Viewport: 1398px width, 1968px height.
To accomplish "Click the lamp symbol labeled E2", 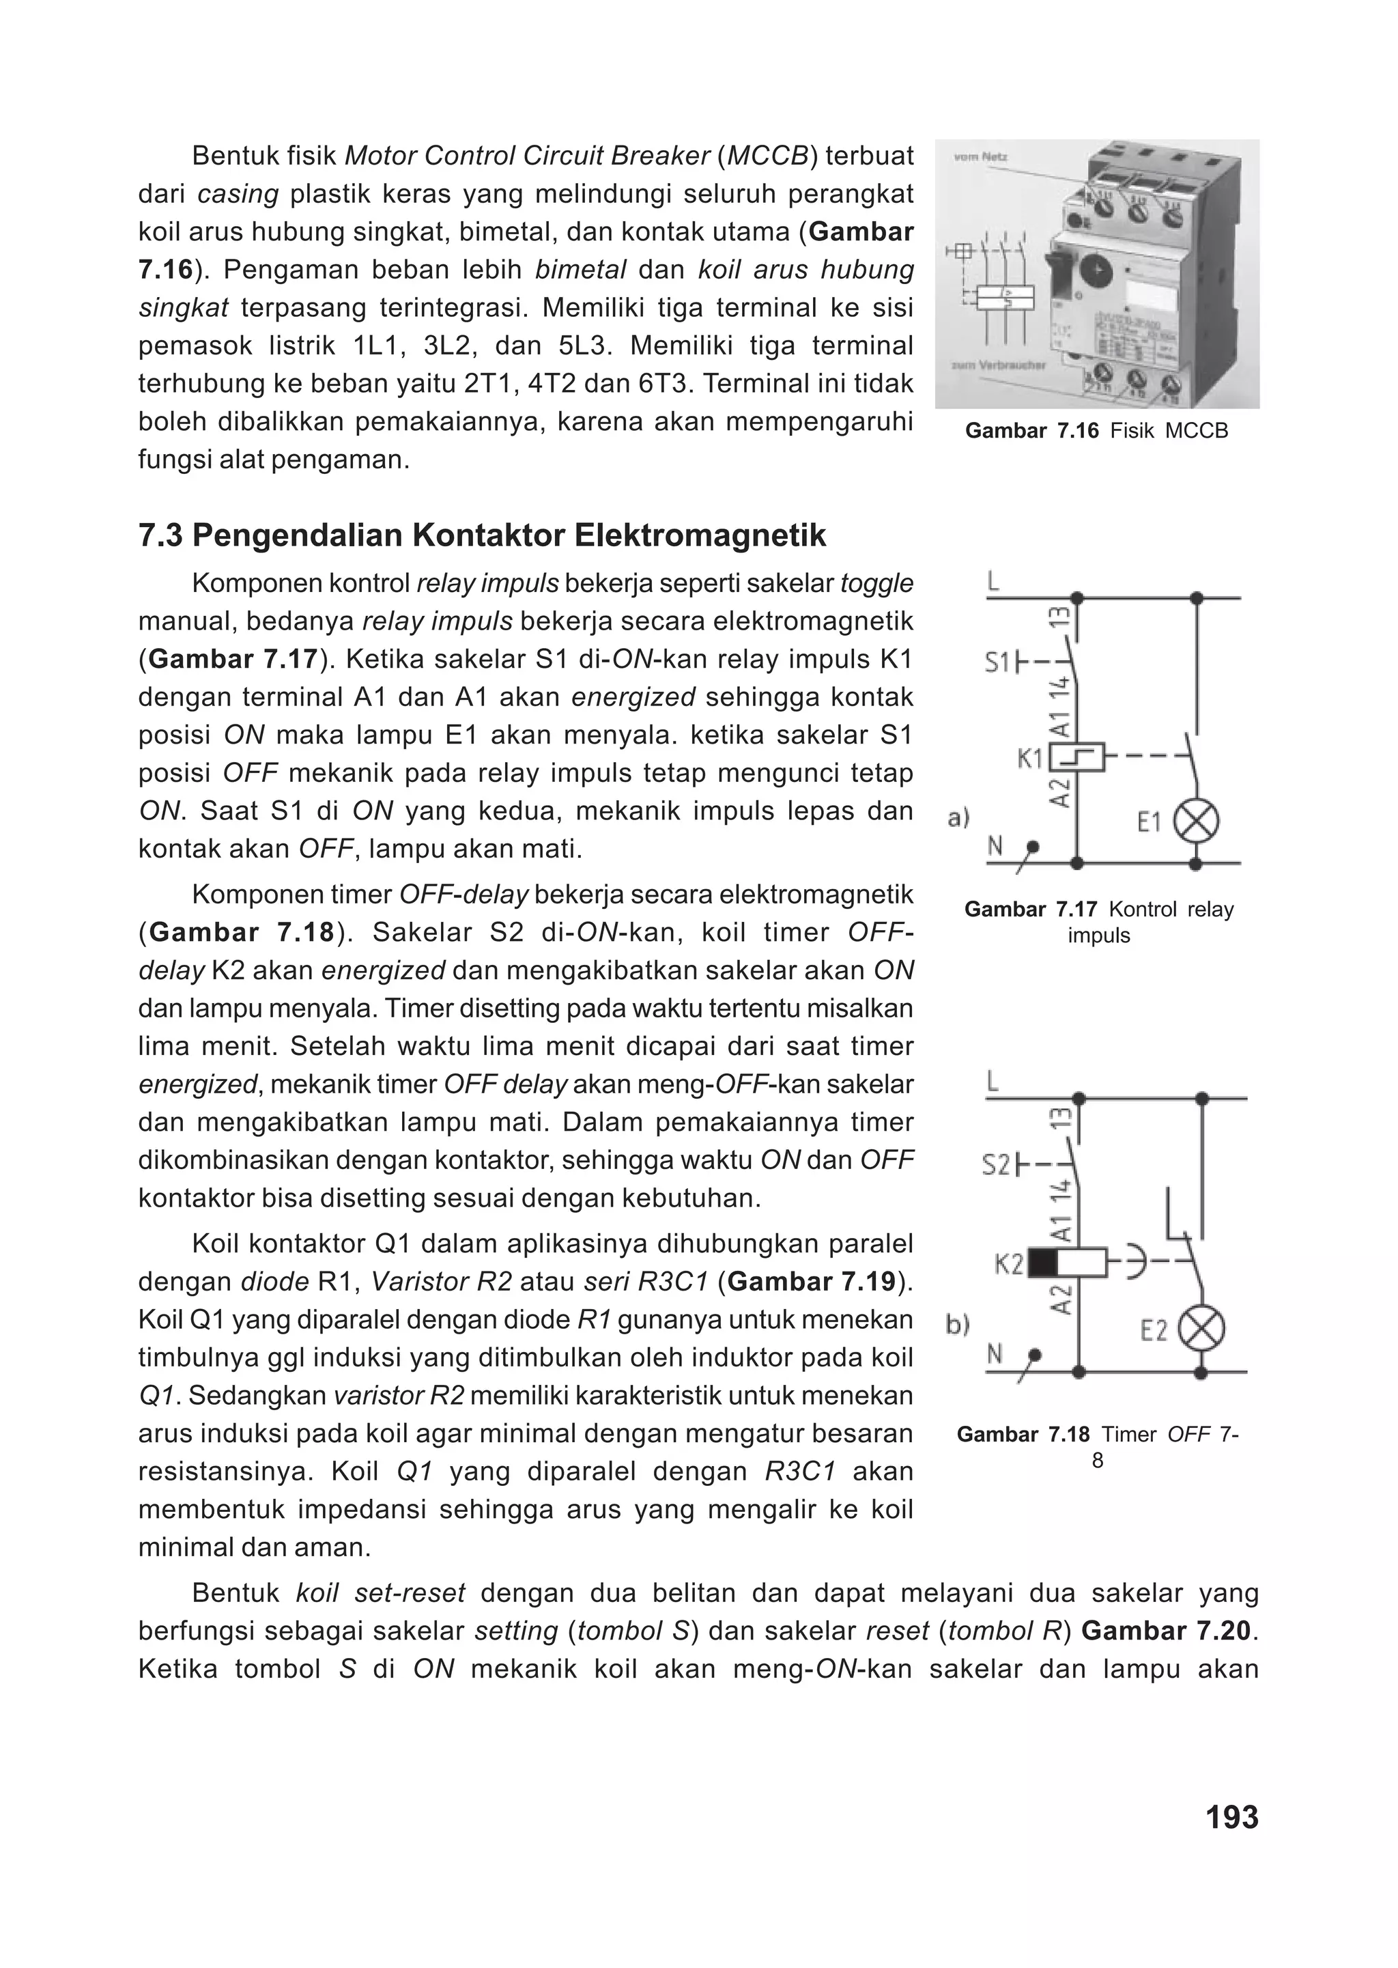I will pos(1201,1330).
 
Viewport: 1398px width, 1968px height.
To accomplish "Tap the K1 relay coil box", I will pos(1077,757).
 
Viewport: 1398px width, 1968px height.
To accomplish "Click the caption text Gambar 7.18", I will pos(1023,1434).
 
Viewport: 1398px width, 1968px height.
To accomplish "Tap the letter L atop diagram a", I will pos(993,583).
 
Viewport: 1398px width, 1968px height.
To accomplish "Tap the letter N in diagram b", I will pos(995,1355).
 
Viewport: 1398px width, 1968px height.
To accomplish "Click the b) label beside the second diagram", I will pos(957,1325).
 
